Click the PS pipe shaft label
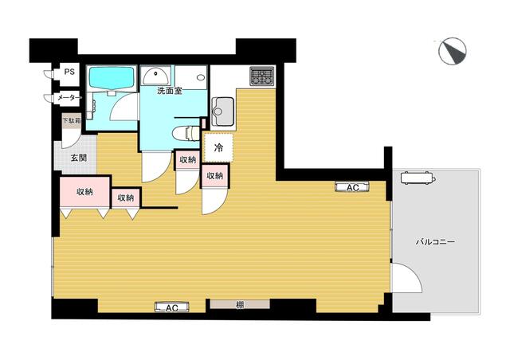[69, 72]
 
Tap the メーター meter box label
[69, 97]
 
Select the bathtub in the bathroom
[112, 77]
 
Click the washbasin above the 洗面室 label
[156, 76]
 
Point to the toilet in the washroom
[186, 133]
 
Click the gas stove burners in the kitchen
[262, 76]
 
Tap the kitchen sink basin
[223, 112]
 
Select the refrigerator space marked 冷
[218, 147]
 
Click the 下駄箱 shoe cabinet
[72, 120]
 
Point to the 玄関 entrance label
[79, 158]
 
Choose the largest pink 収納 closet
[85, 191]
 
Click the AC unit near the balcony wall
[352, 187]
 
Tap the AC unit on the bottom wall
[172, 307]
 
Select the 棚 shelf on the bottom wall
[240, 304]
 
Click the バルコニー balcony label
[435, 242]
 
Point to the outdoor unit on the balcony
[418, 178]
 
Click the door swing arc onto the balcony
[411, 273]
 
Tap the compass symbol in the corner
[453, 51]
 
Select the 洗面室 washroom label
[170, 92]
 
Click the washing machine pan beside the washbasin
[191, 77]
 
